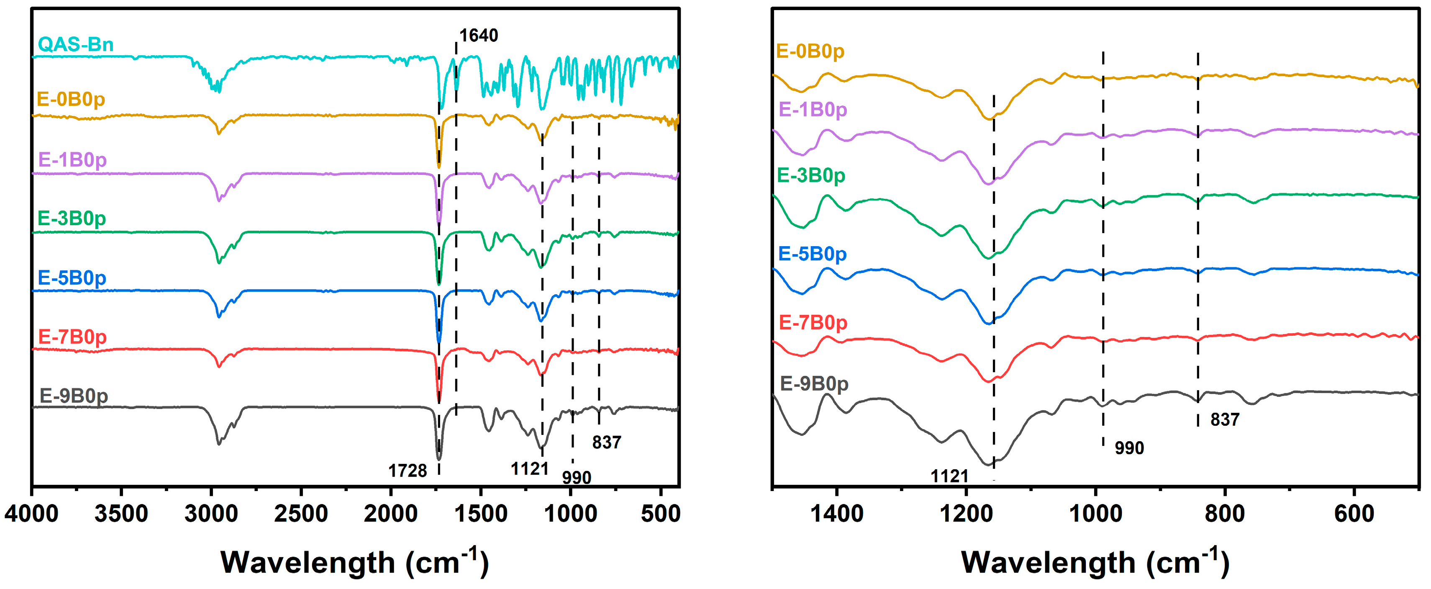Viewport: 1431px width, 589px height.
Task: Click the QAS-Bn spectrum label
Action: pos(76,44)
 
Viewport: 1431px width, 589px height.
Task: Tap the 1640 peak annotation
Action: pos(478,36)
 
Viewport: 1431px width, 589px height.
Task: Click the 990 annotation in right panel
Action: pos(1129,448)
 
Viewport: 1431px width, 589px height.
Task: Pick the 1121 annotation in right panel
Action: pos(949,476)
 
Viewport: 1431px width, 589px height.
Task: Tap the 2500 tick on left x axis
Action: pos(301,514)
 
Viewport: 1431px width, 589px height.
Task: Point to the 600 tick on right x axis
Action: pos(1354,514)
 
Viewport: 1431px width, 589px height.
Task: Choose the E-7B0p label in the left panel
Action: pos(72,337)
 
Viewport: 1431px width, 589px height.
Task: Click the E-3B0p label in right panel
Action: pos(810,175)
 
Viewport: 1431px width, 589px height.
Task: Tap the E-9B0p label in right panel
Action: pos(814,383)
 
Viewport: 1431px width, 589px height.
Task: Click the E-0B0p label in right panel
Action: pos(810,51)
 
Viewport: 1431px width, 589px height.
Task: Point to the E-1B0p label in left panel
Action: pos(72,160)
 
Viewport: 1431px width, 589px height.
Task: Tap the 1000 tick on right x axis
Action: pos(1095,514)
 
